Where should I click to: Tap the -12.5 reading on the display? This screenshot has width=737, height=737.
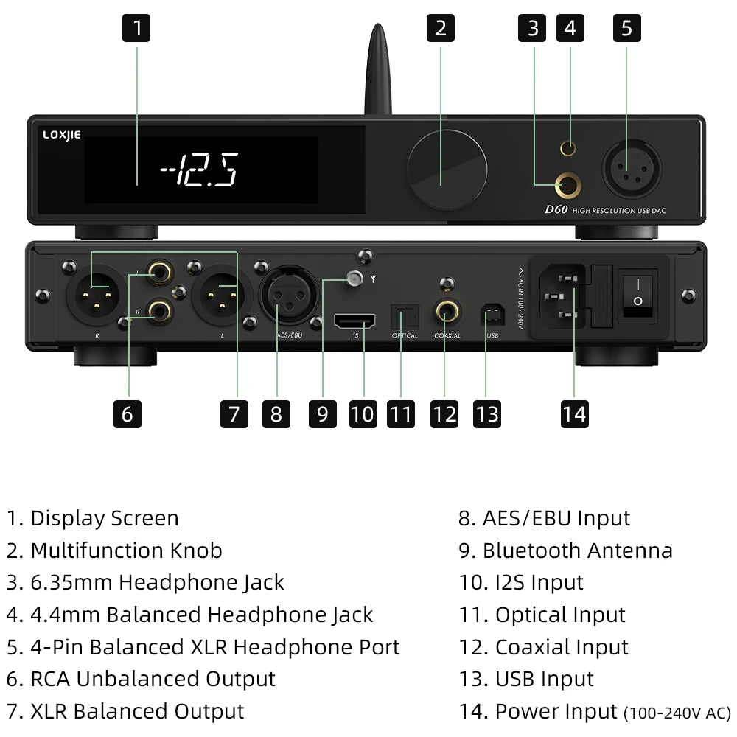[199, 171]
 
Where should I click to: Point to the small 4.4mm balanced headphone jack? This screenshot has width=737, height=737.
[567, 148]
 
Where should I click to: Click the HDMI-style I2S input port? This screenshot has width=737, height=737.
[354, 321]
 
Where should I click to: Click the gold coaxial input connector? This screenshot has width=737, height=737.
[446, 312]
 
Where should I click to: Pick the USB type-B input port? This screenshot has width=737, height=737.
[489, 315]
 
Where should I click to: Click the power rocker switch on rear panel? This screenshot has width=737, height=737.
[638, 292]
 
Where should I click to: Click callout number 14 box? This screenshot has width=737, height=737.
[574, 413]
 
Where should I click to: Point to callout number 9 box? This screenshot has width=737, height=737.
[322, 413]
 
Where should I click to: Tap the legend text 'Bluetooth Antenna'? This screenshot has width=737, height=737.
[576, 551]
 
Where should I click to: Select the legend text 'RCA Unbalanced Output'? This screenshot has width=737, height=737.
[153, 679]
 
